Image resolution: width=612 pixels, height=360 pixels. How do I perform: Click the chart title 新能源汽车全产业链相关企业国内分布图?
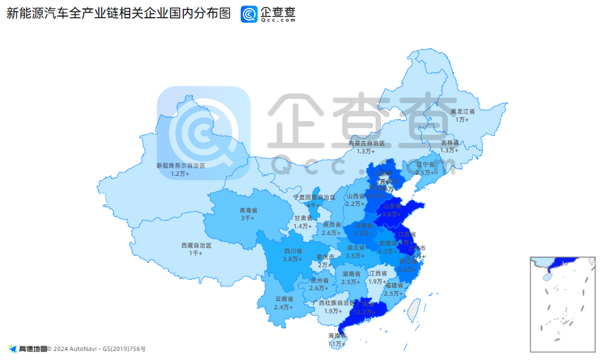point(118,13)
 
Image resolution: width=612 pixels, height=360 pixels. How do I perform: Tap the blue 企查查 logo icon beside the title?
point(249,14)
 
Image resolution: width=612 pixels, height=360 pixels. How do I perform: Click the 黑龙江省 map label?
point(462,112)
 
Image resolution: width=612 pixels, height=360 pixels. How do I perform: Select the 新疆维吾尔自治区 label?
point(181,166)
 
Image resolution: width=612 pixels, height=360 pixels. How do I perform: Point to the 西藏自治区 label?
point(196,245)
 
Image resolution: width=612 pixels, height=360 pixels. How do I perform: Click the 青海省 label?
point(248,210)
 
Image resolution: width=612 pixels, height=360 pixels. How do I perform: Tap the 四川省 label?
point(293,251)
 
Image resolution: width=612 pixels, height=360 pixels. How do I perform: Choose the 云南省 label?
point(284,299)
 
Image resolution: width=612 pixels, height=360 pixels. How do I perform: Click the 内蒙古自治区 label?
point(366,143)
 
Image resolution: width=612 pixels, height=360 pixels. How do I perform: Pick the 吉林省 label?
point(450,143)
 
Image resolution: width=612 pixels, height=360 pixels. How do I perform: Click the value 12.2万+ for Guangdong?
point(364,312)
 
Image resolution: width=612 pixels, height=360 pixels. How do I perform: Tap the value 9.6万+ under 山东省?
point(391,214)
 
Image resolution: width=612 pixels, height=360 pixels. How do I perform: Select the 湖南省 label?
point(351,274)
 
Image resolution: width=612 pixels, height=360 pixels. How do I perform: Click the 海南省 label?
point(337,336)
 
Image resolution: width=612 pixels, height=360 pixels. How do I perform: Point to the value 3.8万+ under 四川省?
point(292,259)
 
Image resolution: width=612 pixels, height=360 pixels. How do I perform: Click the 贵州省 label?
point(319,280)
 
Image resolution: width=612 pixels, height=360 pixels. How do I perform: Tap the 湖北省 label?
point(356,248)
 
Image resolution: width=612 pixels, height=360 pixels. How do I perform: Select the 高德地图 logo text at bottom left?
point(33,349)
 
